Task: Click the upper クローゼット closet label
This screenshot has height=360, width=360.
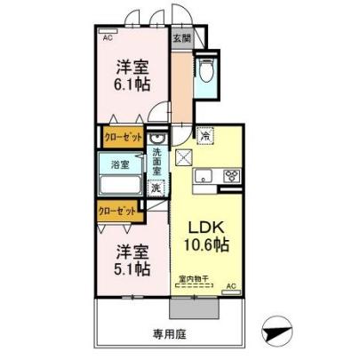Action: pos(122,139)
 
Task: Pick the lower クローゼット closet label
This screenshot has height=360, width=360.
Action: pos(118,212)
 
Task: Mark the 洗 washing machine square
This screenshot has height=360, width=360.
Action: pos(156,188)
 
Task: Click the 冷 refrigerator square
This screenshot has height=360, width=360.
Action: pos(205,137)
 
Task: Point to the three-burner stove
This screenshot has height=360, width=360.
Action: pos(233,174)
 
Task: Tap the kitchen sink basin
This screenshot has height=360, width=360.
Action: pos(204,175)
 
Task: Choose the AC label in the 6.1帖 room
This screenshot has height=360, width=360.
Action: pos(108,39)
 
